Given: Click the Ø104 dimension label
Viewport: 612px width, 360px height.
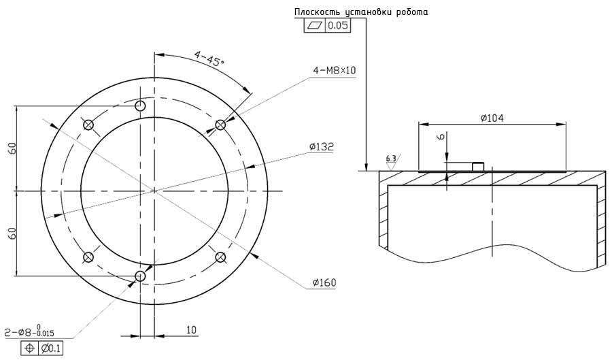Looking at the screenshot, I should [x=491, y=118].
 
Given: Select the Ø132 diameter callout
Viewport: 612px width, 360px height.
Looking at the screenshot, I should [x=321, y=146].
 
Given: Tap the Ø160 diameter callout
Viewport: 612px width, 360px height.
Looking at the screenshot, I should [x=324, y=282].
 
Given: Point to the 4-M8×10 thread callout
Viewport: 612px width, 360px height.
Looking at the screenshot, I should [x=335, y=70].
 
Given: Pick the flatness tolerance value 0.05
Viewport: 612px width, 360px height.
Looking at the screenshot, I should [x=338, y=26].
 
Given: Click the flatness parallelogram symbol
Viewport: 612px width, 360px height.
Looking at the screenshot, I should [x=314, y=26].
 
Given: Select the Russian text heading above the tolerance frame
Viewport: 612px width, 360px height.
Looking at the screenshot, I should [x=360, y=12].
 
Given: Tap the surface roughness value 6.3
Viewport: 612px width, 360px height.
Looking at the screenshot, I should [x=390, y=159].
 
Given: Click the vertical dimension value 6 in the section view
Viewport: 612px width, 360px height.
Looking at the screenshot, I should [x=441, y=137].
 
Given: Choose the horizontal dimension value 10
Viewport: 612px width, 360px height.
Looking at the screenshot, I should [x=191, y=330].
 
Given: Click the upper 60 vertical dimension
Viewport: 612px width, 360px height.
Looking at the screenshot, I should [x=12, y=148].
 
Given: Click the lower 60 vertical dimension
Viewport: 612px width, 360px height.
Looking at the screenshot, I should [x=12, y=233].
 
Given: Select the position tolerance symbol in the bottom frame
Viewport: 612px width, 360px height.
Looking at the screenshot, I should [x=29, y=348].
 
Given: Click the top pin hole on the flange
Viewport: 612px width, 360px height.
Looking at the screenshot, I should [x=140, y=106].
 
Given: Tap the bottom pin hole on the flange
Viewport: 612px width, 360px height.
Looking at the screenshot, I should [x=140, y=276].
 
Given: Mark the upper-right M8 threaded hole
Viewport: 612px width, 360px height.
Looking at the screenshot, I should [x=220, y=125].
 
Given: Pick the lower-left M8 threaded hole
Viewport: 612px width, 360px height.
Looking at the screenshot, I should [x=88, y=257].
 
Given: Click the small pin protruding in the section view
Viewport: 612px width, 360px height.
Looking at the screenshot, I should [x=478, y=167].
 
